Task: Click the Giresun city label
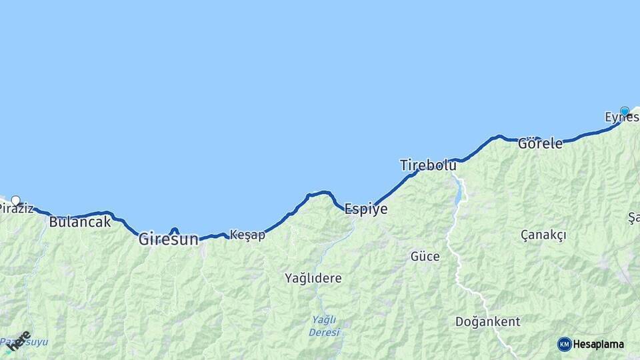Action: click(168, 239)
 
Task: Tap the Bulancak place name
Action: click(80, 222)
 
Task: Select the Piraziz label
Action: click(16, 209)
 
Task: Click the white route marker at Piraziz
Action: click(15, 200)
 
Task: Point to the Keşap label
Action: click(247, 235)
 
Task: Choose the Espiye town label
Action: click(365, 209)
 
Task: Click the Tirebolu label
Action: click(428, 165)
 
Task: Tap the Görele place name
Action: click(540, 143)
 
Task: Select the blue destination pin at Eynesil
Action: click(625, 111)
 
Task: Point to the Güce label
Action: click(425, 256)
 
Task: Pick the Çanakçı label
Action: click(543, 235)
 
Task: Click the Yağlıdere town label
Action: click(313, 277)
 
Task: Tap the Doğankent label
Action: click(487, 322)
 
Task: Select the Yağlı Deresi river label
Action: click(325, 325)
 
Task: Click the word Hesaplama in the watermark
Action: click(598, 345)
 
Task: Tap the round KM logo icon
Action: click(564, 344)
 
